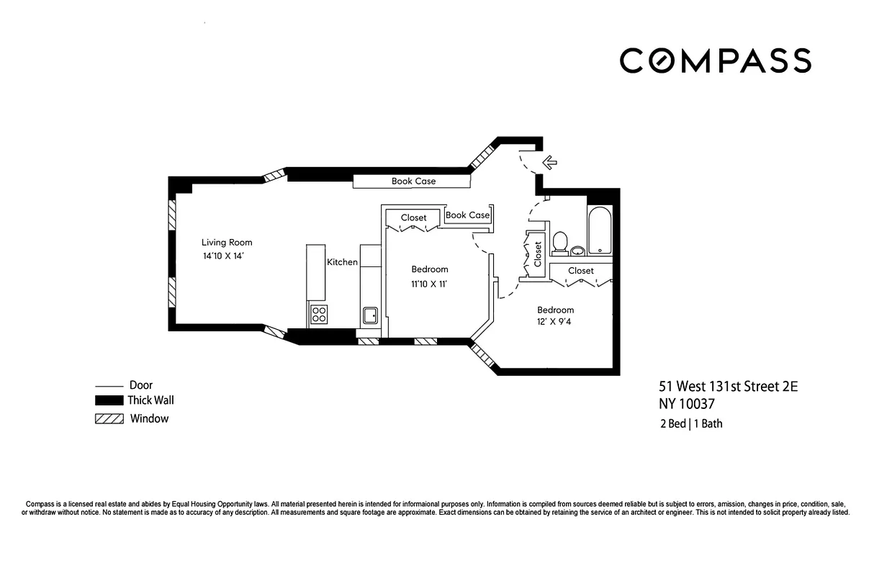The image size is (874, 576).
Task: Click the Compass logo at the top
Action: click(715, 60)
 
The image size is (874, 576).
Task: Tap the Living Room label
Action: click(227, 243)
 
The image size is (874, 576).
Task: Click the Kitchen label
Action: click(343, 262)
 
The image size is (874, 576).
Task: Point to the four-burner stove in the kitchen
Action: click(318, 314)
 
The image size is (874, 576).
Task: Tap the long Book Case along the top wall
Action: click(413, 181)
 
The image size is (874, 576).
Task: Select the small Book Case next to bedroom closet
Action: click(467, 215)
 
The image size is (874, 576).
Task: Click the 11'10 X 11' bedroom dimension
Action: click(430, 284)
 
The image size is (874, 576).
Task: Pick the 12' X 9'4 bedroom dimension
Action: click(555, 322)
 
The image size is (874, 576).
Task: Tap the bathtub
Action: click(600, 231)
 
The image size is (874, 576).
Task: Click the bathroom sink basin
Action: click(577, 251)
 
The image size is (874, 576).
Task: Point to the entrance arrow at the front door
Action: click(549, 163)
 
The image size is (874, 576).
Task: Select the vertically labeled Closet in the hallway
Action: click(537, 254)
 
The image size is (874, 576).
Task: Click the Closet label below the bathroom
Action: click(581, 271)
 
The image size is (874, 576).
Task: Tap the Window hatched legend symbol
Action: click(109, 419)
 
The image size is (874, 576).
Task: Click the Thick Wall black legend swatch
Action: click(109, 400)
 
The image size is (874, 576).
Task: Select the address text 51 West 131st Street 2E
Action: click(728, 387)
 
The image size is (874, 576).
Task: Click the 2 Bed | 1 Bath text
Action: click(690, 423)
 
